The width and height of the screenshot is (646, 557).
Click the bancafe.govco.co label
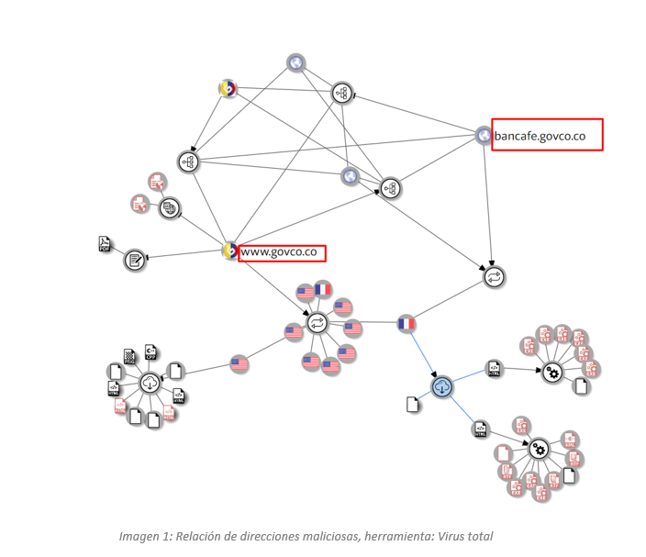point(547,137)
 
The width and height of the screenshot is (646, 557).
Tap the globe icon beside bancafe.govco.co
point(484,136)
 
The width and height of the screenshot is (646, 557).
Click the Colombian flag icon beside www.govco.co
point(230,249)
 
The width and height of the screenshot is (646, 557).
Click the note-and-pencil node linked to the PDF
point(135,260)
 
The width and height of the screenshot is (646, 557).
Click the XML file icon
point(569,440)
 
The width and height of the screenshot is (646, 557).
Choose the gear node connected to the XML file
point(540,449)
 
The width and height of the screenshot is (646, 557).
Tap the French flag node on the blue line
point(407,324)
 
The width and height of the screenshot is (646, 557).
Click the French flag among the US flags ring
point(322,290)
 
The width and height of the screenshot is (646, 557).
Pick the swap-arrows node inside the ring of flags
point(317,322)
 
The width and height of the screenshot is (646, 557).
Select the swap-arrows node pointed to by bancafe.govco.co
point(494,274)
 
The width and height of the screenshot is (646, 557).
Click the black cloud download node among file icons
point(149,384)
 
